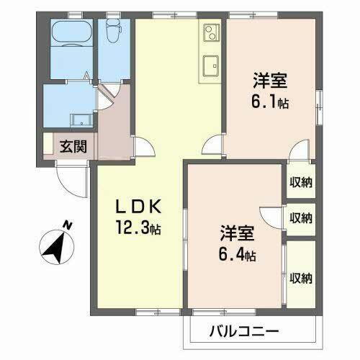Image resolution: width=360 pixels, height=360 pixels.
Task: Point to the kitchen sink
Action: (x=211, y=64)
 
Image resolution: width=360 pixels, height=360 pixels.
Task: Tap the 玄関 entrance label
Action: (x=73, y=147)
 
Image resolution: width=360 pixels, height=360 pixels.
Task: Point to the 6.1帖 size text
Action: (x=271, y=103)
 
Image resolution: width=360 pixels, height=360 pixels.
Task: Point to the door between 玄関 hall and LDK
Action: (x=143, y=147)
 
